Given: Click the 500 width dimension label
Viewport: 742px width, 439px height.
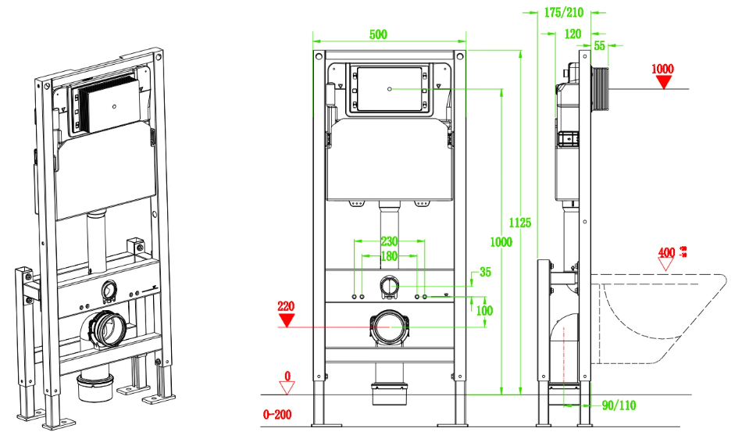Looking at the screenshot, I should pos(377,34).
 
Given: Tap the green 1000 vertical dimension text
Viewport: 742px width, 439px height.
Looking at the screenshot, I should pos(501,242).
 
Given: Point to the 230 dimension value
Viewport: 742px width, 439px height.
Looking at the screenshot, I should pos(391,241).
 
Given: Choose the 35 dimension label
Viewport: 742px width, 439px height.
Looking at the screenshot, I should pos(485,273).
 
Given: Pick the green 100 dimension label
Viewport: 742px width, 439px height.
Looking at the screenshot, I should pos(485,309).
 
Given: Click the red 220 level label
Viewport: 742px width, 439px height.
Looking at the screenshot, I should pos(287,306).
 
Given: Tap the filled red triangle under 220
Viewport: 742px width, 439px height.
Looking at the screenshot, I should pos(287,319).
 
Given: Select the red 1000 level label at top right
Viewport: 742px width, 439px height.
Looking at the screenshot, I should pos(662,69).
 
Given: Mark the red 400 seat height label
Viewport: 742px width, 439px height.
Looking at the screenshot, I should pos(666,252).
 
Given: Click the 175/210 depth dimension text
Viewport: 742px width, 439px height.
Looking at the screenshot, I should pos(563,12).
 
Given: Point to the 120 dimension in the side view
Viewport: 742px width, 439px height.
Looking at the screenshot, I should pos(573,34).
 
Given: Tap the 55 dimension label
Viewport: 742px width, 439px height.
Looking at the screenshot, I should pos(600,47).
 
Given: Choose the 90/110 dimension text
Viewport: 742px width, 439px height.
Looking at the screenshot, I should pos(617,405).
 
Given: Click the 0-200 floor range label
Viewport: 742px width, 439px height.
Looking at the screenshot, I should pos(277,414).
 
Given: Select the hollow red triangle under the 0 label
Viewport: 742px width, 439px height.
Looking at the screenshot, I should pos(287,388).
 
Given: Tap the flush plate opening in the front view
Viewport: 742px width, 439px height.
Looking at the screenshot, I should pos(390,88).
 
